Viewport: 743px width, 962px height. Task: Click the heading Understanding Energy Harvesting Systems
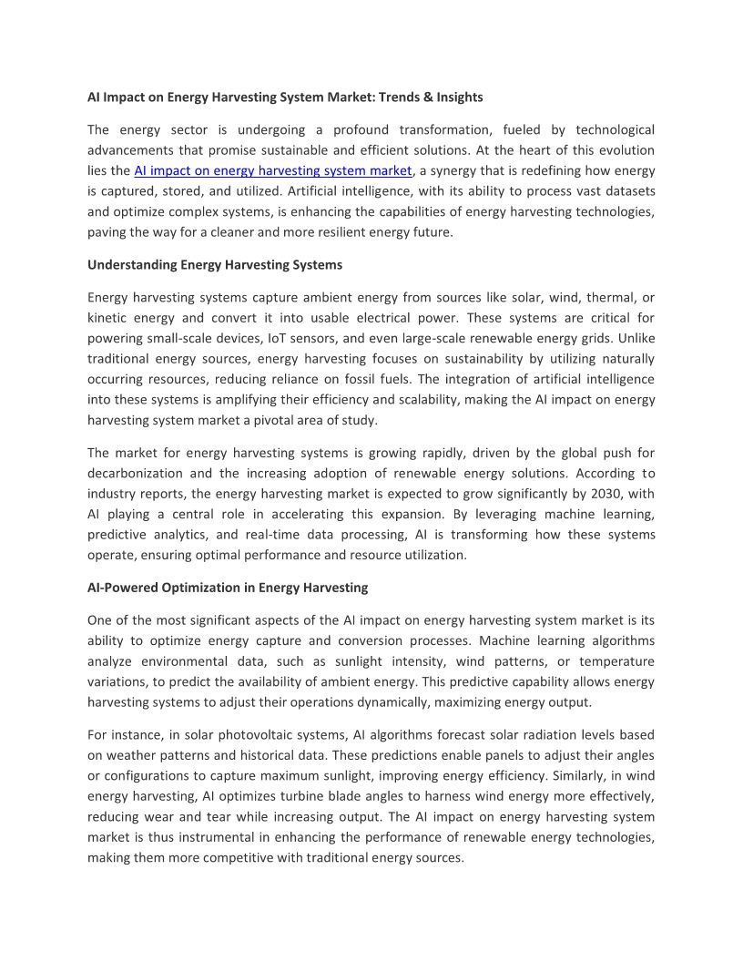click(215, 265)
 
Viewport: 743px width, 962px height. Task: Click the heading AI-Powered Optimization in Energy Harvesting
click(228, 588)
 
